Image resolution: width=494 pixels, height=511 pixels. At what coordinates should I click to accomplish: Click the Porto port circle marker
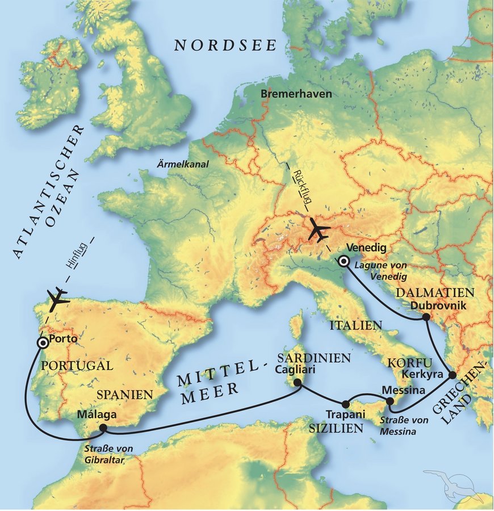(x=42, y=343)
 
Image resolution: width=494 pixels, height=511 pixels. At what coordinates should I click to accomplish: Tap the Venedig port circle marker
(x=344, y=262)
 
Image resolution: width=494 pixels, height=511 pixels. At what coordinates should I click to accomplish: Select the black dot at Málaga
(x=103, y=428)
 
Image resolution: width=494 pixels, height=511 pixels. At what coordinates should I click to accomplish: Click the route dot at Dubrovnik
(x=425, y=318)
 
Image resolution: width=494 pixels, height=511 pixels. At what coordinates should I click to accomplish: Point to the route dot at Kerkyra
(x=453, y=375)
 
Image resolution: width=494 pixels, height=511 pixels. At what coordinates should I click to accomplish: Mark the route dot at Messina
(x=390, y=401)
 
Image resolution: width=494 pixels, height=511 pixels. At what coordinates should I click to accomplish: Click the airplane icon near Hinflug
(x=58, y=299)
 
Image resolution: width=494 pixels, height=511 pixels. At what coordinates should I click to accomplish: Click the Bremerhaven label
(x=296, y=94)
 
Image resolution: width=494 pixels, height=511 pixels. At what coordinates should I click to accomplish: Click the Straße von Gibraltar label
(x=108, y=454)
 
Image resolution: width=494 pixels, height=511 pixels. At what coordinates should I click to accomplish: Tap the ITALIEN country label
(x=353, y=325)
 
